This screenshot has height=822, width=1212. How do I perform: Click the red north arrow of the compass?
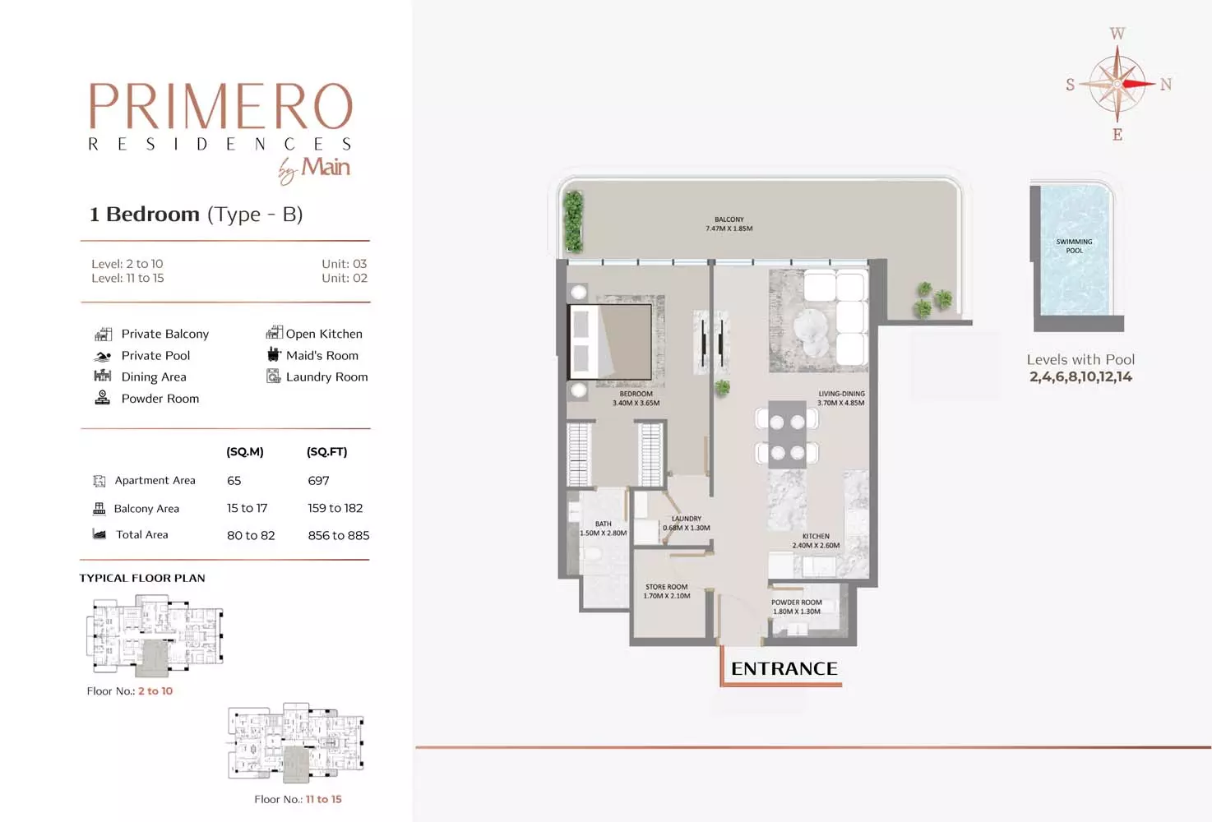1139,84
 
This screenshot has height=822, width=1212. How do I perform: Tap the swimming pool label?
1074,246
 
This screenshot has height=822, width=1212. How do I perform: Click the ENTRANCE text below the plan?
784,669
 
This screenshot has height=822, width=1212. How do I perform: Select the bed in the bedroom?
610,342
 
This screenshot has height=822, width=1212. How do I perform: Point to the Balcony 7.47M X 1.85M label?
729,224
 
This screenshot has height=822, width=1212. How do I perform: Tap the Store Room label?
667,591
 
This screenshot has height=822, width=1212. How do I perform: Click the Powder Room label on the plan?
797,607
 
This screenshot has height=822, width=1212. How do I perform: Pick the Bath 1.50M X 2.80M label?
604,529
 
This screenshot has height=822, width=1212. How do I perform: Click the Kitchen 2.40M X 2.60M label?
816,541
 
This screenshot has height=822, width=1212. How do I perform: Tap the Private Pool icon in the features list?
102,356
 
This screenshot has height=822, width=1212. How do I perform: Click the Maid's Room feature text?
322,355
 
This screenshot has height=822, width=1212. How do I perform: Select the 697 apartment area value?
318,480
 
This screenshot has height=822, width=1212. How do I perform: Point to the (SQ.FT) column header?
326,451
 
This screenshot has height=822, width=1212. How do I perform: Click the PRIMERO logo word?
220,106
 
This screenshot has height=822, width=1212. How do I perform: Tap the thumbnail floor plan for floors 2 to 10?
155,636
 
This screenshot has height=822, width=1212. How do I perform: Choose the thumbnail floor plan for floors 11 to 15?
296,743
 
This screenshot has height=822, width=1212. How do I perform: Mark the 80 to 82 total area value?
251,535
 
